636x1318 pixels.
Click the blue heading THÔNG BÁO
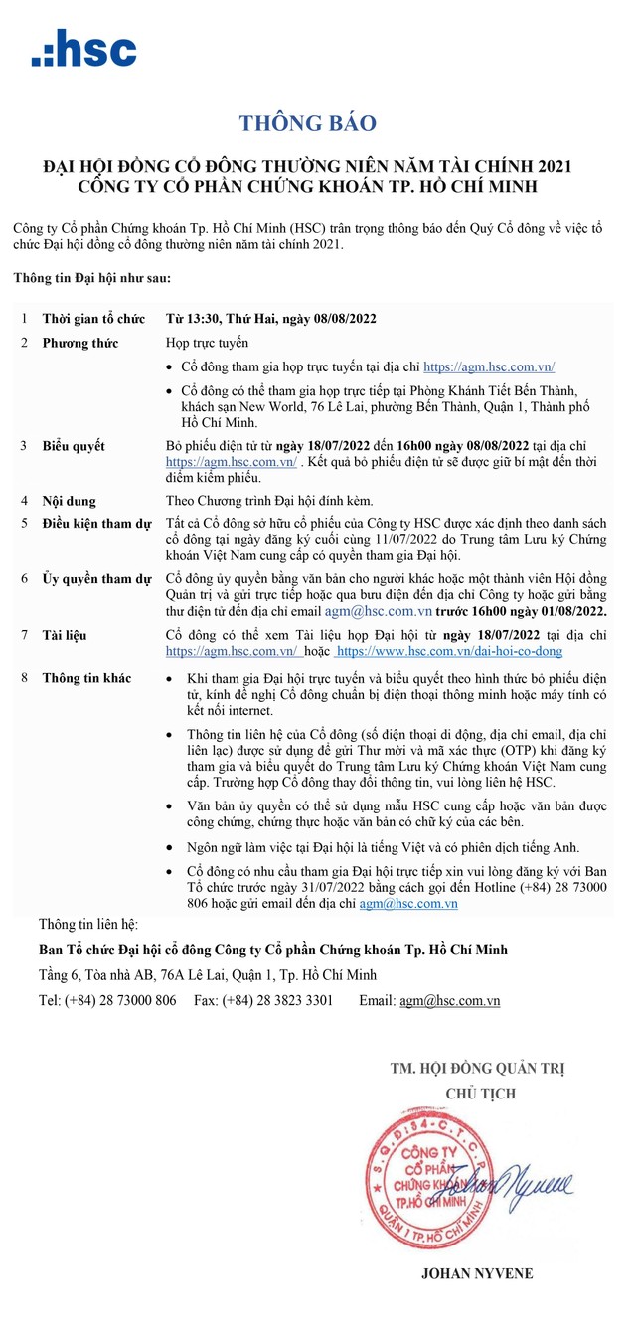click(x=308, y=123)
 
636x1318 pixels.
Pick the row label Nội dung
click(x=69, y=501)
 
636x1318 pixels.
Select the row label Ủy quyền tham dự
click(x=96, y=578)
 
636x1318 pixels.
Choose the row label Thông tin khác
click(x=86, y=677)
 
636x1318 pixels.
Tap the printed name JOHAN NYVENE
click(x=477, y=1273)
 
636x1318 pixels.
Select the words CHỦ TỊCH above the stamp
click(x=476, y=1094)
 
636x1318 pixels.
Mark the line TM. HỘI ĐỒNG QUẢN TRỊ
click(x=476, y=1069)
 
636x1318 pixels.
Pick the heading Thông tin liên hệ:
click(x=88, y=924)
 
